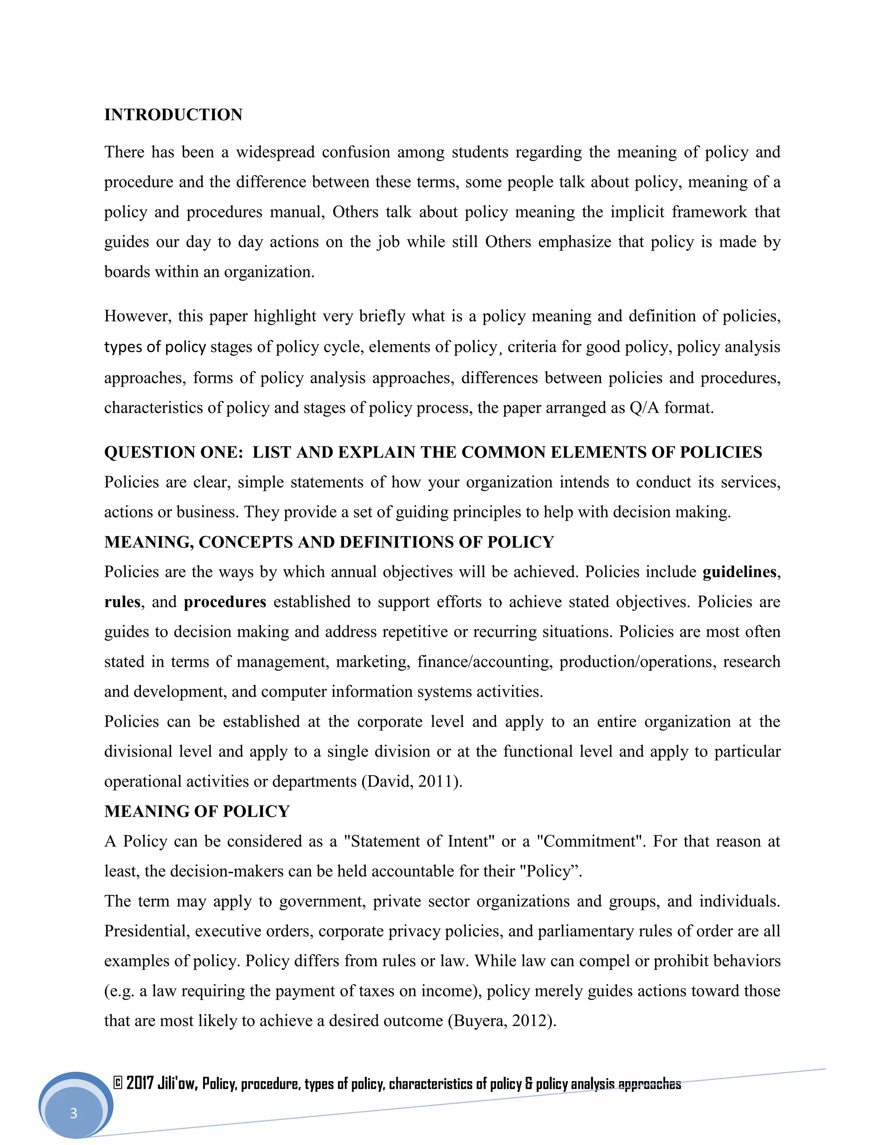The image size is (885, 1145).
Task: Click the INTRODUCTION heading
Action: coord(173,115)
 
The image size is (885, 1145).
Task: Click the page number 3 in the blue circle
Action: coord(73,1113)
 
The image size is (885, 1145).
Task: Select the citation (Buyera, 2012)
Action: coord(502,1021)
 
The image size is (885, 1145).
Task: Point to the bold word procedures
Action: coord(225,602)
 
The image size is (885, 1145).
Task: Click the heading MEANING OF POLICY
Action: coord(197,811)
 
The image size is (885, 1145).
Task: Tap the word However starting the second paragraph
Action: coord(137,317)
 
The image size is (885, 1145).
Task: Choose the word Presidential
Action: coord(146,931)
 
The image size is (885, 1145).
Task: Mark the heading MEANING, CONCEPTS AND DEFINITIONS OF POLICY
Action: coord(329,542)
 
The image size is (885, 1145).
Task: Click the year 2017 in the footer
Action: coord(140,1083)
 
